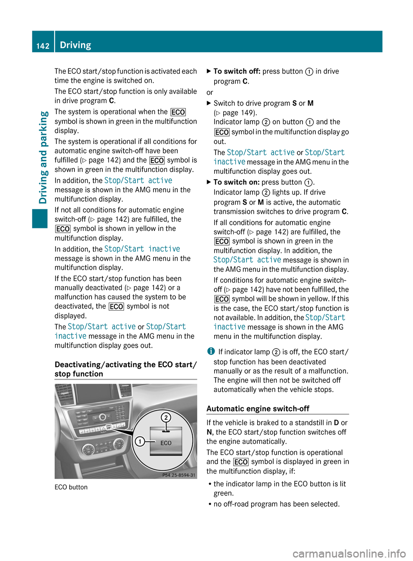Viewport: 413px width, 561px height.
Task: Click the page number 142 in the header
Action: [43, 46]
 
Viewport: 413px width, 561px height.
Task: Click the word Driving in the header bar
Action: [75, 45]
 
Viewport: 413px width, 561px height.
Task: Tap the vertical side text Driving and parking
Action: [43, 157]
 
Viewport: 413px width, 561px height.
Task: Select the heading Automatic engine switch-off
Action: [258, 408]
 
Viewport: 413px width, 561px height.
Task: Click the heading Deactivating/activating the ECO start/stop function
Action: [125, 369]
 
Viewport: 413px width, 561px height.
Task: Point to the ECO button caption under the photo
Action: [71, 487]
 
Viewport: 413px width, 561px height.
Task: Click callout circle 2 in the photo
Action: [166, 417]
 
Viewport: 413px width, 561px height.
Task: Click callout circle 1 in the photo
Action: [139, 441]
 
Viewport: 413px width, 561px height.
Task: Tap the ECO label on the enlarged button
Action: [166, 443]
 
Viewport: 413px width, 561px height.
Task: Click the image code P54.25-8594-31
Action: [179, 475]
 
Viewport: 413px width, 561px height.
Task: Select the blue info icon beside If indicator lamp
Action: [211, 352]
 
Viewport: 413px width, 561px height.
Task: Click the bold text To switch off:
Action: [237, 71]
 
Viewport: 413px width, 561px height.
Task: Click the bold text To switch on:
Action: [236, 182]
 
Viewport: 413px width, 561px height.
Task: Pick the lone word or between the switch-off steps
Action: [210, 92]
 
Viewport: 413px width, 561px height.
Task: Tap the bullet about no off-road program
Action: [276, 504]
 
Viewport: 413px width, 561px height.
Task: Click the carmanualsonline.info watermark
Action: [349, 553]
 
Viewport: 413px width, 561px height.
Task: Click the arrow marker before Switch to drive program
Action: [209, 103]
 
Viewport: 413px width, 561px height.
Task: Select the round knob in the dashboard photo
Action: [102, 417]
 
